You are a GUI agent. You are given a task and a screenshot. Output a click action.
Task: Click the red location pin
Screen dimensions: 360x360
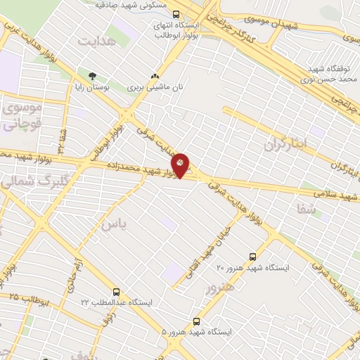(x=181, y=165)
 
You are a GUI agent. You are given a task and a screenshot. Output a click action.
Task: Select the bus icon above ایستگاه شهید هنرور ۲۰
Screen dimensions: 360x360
(x=252, y=257)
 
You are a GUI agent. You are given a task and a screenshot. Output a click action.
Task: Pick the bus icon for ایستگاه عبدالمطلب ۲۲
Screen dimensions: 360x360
(x=116, y=291)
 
